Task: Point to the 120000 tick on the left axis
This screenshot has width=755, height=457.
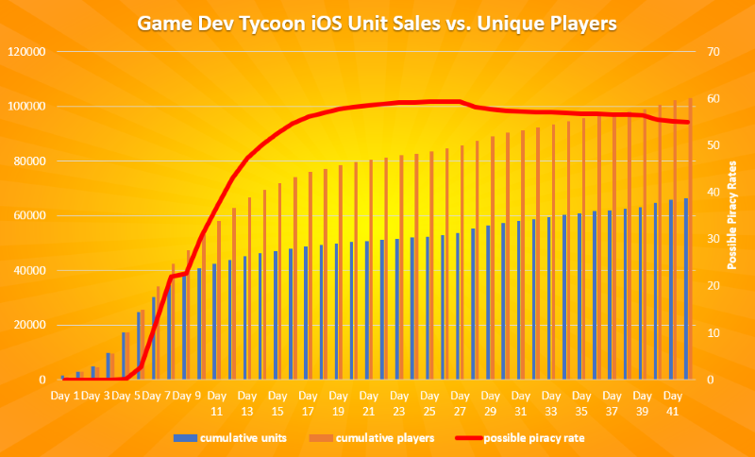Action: (x=29, y=51)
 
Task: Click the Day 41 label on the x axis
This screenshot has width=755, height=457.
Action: (x=673, y=403)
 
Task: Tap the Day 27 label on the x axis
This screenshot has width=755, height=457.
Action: (x=461, y=403)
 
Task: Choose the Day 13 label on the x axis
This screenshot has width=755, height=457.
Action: (x=247, y=403)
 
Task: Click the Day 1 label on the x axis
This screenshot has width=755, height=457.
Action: (x=64, y=395)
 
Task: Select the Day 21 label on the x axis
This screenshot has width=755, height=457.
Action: (x=369, y=403)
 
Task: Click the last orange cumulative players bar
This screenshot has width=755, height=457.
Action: (x=691, y=239)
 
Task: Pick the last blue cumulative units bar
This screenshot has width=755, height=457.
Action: (x=686, y=289)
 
